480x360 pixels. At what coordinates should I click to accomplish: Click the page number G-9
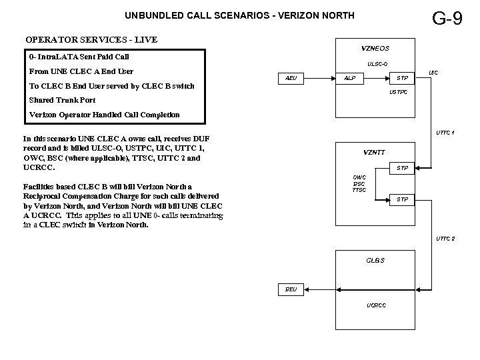click(447, 18)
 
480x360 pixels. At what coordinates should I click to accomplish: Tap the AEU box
click(291, 78)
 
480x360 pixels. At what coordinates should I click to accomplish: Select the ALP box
click(349, 78)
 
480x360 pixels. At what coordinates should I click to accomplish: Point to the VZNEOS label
click(375, 48)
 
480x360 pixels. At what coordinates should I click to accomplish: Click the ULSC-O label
click(377, 65)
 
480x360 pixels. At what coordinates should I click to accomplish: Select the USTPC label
click(398, 92)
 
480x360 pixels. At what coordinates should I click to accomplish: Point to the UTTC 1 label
click(445, 132)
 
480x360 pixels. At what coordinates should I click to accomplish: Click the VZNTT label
click(374, 152)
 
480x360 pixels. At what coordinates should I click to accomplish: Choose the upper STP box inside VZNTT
click(403, 167)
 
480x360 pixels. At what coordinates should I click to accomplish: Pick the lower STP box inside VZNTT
click(403, 199)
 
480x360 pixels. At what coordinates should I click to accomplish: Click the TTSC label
click(359, 191)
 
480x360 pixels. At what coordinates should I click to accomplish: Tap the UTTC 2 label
click(445, 238)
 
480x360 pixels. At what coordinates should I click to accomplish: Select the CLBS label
click(375, 259)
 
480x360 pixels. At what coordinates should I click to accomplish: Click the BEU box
click(291, 289)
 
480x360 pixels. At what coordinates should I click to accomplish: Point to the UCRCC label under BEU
click(376, 305)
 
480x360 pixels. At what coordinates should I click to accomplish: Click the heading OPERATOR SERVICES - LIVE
click(91, 39)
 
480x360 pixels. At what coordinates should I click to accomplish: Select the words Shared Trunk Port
click(62, 100)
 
